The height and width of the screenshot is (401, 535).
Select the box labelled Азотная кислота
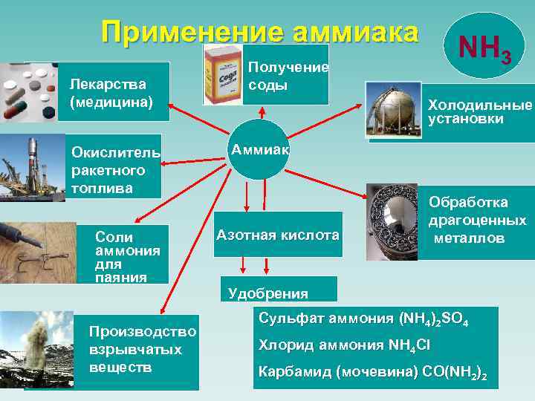(278, 235)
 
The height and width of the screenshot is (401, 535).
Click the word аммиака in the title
(357, 33)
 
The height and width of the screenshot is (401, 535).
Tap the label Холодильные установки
(480, 112)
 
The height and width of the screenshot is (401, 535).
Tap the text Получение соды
(288, 76)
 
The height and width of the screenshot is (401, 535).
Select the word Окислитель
(115, 153)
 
